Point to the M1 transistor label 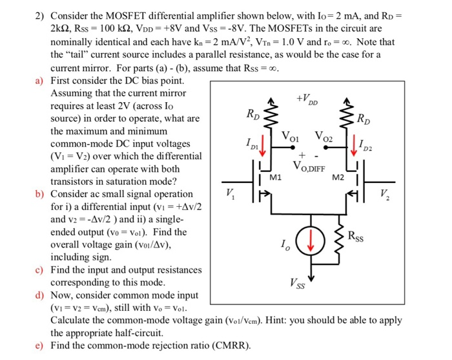[276, 176]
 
